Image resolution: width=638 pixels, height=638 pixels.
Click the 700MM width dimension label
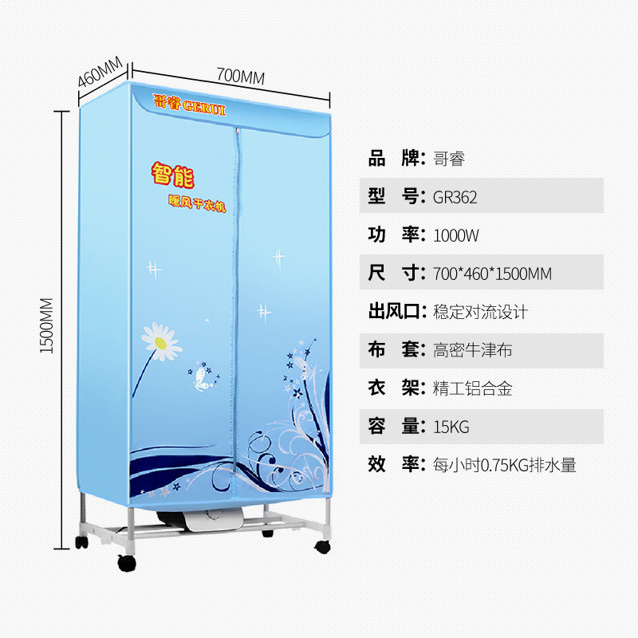(x=241, y=77)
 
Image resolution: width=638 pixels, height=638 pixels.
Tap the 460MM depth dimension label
(x=100, y=72)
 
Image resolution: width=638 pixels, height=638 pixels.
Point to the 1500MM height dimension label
(x=47, y=325)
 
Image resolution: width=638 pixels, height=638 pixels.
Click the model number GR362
(x=455, y=197)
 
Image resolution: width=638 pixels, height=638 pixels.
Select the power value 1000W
(x=456, y=235)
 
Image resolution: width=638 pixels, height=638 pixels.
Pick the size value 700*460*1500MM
(x=492, y=274)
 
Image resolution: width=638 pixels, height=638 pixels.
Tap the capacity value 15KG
(x=451, y=427)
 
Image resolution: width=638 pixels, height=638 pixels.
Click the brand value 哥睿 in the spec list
(x=449, y=159)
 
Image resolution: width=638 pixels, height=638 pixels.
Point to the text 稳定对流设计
(x=481, y=312)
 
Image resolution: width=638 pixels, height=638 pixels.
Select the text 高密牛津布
(x=472, y=350)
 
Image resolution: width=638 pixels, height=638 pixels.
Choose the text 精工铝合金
(x=472, y=388)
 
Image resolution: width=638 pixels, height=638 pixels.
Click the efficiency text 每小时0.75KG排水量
(x=505, y=465)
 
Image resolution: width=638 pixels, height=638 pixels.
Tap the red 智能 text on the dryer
(x=173, y=175)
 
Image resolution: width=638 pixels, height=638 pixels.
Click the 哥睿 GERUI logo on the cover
(x=189, y=105)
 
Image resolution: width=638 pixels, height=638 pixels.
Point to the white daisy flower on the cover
(x=162, y=342)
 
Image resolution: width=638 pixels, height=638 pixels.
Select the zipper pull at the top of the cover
(x=237, y=132)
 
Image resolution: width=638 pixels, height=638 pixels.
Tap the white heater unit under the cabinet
(x=212, y=520)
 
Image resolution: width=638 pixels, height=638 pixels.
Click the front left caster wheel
(x=127, y=563)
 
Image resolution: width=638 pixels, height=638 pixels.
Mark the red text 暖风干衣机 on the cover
(x=197, y=203)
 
